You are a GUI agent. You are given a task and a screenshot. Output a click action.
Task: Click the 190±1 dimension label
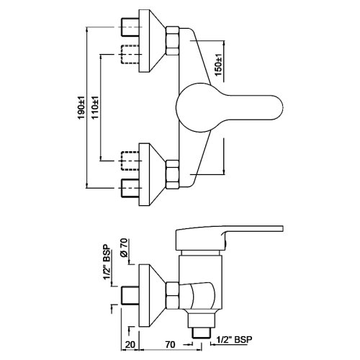click(x=81, y=107)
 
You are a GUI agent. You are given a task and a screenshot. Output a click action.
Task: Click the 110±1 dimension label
click(x=95, y=107)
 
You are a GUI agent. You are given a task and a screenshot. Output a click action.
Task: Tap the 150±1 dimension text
click(x=218, y=65)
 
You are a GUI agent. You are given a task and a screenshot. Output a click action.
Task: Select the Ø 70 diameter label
click(x=125, y=248)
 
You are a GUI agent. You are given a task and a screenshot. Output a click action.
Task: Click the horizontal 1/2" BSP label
click(x=234, y=340)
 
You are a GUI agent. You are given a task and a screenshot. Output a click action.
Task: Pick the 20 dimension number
click(x=130, y=345)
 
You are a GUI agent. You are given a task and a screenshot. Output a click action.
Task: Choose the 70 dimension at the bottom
click(x=170, y=345)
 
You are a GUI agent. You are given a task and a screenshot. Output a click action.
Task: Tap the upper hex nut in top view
click(x=172, y=41)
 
